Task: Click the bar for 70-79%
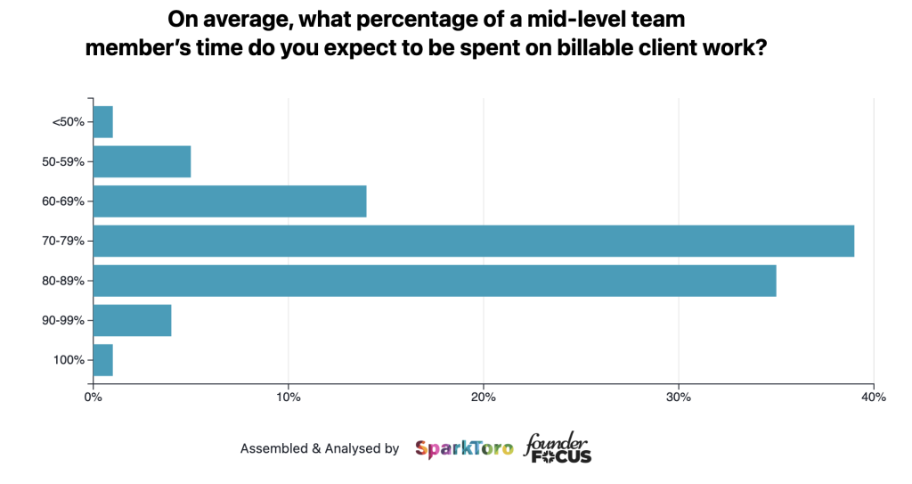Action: [473, 241]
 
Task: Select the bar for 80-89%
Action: [435, 281]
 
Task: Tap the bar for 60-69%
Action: [230, 201]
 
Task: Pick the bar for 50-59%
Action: [142, 161]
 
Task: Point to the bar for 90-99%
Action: [132, 320]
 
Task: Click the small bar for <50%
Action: [103, 122]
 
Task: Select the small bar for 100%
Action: [103, 359]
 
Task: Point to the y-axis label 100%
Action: [69, 360]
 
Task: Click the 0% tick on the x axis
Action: [93, 398]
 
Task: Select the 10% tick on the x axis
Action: [288, 398]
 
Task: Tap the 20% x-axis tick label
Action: [483, 398]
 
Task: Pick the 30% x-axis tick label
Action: [679, 398]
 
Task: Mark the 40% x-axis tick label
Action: [874, 398]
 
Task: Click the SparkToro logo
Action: [464, 448]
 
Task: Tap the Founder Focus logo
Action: [558, 447]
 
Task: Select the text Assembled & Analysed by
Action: [320, 448]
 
